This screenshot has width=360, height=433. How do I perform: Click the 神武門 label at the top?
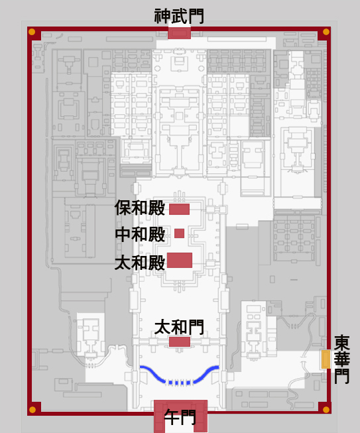179,16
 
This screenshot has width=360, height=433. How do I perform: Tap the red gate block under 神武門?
179,33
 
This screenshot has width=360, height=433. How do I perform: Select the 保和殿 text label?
140,208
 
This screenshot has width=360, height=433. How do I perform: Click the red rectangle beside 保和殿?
179,209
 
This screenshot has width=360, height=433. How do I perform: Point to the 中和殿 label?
140,234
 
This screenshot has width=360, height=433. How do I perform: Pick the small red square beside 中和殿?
179,233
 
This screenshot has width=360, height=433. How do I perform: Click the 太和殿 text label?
140,263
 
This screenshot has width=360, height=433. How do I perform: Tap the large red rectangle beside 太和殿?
180,260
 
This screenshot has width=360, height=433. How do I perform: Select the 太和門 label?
179,327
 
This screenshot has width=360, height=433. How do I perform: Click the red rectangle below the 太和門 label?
180,341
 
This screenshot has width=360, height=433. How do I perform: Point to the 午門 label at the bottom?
180,417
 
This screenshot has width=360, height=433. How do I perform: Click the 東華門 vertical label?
342,359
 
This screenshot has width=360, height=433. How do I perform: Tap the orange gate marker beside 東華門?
326,359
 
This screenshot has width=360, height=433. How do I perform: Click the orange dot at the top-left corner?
32,32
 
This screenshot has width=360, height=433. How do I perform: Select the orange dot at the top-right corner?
326,32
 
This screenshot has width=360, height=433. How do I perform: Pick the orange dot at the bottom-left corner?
32,410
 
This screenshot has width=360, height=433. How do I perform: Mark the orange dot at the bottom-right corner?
326,410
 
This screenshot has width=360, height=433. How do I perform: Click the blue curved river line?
180,383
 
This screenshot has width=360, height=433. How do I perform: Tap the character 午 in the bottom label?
172,417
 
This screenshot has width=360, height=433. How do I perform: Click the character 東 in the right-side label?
342,343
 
